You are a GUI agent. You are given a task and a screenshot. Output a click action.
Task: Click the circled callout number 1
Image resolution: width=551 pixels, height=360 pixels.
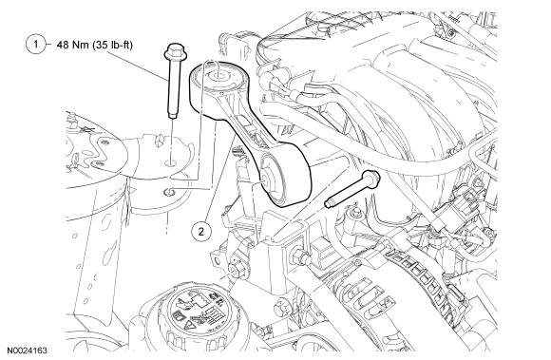[35, 45]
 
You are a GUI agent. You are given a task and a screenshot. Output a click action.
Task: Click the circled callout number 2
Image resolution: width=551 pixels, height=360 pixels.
[201, 232]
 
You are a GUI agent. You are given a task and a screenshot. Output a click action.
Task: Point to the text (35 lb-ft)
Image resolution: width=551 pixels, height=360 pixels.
[113, 45]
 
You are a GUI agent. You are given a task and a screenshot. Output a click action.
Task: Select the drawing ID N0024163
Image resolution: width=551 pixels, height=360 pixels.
[28, 351]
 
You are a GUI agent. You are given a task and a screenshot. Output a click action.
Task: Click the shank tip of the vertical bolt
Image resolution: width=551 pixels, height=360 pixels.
[173, 115]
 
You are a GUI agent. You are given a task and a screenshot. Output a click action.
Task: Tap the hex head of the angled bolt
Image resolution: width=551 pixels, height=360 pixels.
[372, 178]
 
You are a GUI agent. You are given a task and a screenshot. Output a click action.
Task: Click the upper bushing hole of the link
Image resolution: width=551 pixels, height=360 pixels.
[217, 74]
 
